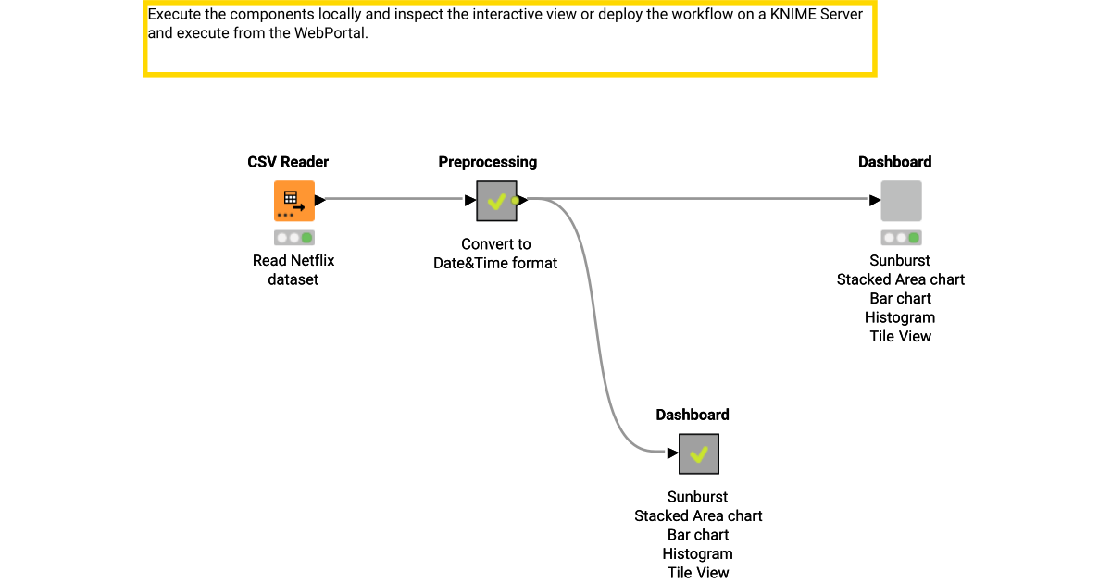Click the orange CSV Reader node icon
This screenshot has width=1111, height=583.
(293, 200)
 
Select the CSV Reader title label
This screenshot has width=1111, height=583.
(288, 162)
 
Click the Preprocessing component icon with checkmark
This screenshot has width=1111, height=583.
(496, 201)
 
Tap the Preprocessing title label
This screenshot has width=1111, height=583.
(487, 162)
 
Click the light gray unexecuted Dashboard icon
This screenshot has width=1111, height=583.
(900, 200)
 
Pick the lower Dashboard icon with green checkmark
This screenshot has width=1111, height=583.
(698, 453)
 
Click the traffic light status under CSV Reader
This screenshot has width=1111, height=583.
(293, 237)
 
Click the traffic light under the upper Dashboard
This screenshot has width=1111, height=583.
(900, 237)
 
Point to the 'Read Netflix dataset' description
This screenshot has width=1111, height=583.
(293, 269)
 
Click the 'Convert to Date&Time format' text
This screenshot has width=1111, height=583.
(495, 254)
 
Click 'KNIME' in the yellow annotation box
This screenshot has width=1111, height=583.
(791, 15)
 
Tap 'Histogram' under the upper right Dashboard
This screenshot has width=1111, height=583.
(900, 317)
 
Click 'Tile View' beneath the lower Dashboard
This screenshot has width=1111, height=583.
(698, 573)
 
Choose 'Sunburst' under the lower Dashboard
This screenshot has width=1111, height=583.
(698, 497)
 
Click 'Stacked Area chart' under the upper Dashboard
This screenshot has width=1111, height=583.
(900, 279)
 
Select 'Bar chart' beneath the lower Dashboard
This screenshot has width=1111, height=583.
(698, 535)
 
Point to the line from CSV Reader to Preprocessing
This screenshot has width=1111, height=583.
(393, 198)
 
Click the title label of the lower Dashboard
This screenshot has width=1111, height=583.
(693, 415)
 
